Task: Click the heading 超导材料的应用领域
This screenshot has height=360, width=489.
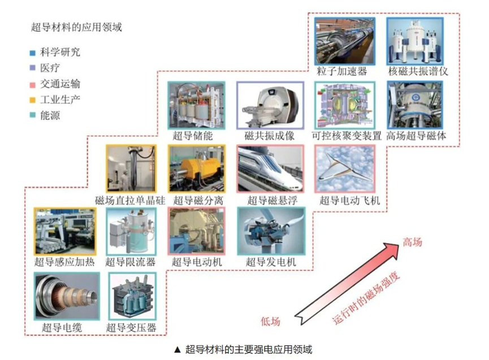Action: click(x=77, y=27)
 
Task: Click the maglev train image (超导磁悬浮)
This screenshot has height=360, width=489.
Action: click(x=270, y=168)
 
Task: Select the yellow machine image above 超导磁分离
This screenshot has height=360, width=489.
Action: click(x=197, y=168)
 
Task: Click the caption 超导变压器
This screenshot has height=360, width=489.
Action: click(x=131, y=327)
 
